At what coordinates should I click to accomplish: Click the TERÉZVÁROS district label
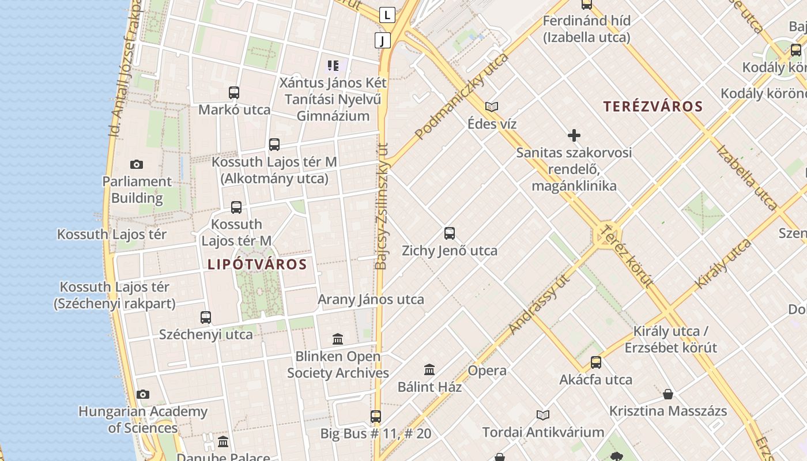coord(653,107)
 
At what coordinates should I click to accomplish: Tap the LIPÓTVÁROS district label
coord(257,264)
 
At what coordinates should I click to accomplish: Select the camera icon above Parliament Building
coord(137,165)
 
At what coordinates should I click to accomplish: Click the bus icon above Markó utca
coord(234,93)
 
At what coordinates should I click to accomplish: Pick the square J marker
coord(383,40)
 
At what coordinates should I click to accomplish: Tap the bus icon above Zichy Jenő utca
coord(450,233)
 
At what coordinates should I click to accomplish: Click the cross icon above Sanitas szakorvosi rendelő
coord(574,136)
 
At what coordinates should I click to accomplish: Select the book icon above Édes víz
coord(492,107)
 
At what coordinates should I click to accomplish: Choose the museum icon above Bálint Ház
coord(429,369)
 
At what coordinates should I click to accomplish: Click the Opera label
coord(487,371)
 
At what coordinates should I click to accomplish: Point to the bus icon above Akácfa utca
coord(596,362)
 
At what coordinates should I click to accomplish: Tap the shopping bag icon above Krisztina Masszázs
coord(668,394)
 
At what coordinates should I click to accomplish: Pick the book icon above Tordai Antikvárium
coord(543,415)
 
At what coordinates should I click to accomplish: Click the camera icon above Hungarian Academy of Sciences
coord(143,395)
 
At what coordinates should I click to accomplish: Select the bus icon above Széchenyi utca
coord(206,317)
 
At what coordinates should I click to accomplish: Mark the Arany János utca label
coord(371,300)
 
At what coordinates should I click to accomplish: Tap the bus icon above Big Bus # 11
coord(376,416)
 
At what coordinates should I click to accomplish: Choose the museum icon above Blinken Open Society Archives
coord(338,339)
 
